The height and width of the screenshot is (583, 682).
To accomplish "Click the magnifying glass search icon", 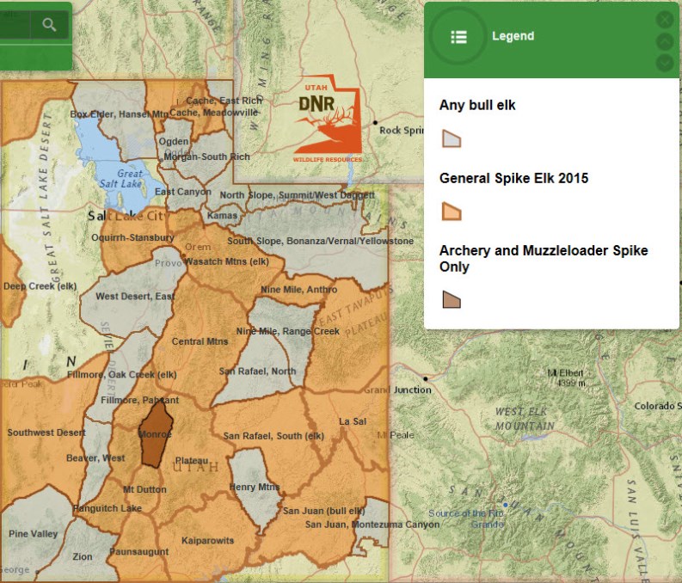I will (x=49, y=25).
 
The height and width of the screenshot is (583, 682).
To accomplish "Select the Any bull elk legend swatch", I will (x=452, y=138).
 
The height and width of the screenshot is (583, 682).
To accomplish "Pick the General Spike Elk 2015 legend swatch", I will (x=452, y=212).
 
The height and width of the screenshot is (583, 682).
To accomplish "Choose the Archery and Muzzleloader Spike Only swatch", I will (x=452, y=299).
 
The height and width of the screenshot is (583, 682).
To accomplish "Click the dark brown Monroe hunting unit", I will (x=155, y=434).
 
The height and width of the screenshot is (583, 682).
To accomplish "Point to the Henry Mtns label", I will (x=255, y=487).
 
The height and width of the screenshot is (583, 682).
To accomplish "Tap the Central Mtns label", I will (x=200, y=341).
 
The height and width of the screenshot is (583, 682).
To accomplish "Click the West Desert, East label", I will (x=135, y=296).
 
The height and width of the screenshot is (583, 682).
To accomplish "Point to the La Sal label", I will (x=353, y=421).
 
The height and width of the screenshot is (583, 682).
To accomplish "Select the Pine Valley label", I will (x=33, y=534).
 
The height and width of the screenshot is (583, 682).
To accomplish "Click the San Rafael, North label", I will (x=257, y=371).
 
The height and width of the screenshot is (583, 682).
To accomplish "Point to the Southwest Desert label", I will (x=46, y=433).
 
